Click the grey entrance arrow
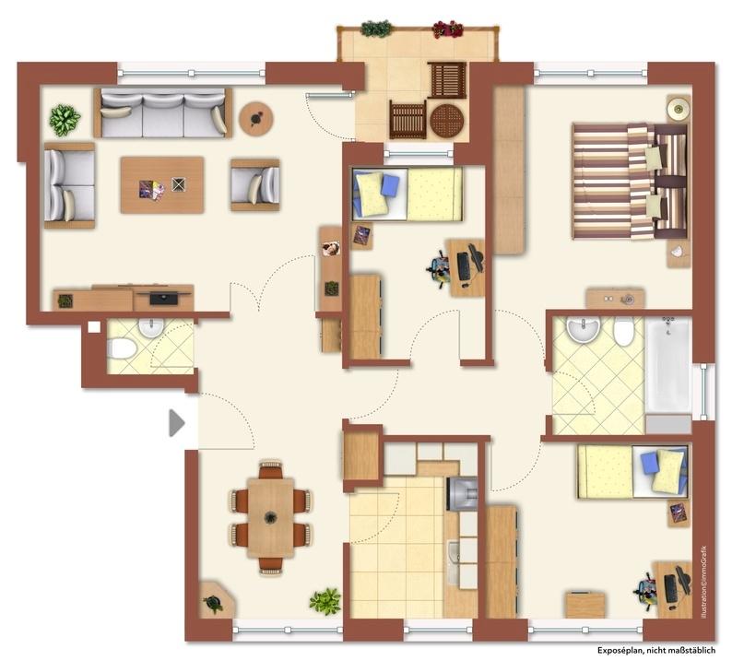point(176,423)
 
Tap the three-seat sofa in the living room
point(163,113)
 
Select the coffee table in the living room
point(162,184)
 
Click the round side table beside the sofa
point(255,119)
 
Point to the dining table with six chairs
point(271,517)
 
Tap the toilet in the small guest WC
point(121,348)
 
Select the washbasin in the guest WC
point(150,327)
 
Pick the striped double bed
point(630,182)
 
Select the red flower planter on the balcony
point(447,29)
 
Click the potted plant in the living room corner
point(65,121)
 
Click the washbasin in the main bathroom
point(583,329)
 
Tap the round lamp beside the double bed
point(678,109)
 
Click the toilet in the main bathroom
point(624,331)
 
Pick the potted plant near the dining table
point(325,601)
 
